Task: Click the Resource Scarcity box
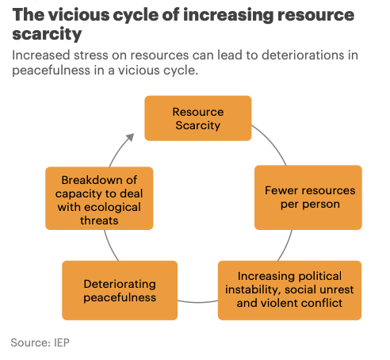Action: pos(198,118)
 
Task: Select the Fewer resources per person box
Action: pos(308,197)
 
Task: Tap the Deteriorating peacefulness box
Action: pos(120,290)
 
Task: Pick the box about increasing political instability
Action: pos(289,290)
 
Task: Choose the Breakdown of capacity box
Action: pos(99,198)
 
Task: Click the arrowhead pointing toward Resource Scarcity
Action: pos(130,137)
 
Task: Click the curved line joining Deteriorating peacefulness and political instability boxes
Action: pos(197,302)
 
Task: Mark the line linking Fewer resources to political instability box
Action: pos(286,246)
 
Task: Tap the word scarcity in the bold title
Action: pos(47,34)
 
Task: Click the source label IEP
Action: pos(62,343)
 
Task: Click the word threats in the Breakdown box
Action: pos(99,220)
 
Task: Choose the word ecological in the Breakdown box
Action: pos(113,207)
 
